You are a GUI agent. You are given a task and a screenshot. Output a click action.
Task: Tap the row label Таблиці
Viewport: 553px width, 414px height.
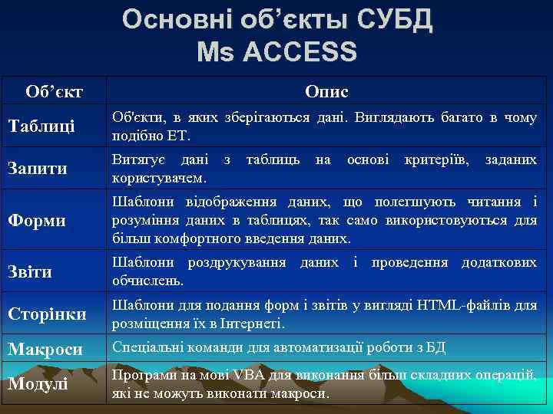(x=41, y=127)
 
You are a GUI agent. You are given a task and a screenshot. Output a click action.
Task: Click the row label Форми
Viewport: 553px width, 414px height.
(x=37, y=221)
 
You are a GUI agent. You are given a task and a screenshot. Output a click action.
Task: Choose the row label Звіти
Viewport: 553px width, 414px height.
(x=31, y=271)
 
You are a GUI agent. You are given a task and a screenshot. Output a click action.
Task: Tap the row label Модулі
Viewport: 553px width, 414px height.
(x=38, y=383)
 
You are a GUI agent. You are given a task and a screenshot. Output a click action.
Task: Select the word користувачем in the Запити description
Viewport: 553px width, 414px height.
(x=157, y=178)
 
